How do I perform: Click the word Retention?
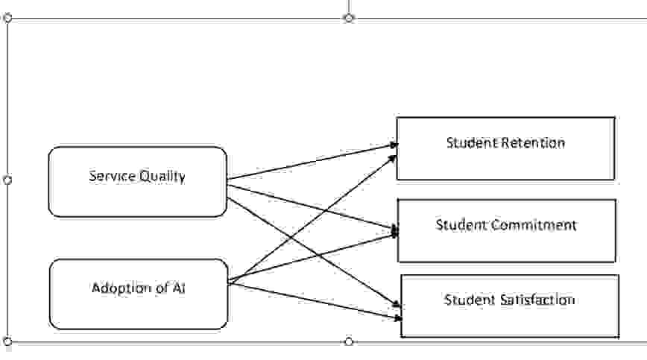coord(533,142)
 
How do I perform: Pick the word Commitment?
coord(535,224)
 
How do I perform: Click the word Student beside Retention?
coord(472,142)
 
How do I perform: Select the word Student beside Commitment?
coord(461,224)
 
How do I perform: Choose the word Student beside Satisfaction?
coord(470,300)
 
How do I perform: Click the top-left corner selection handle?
coord(8,18)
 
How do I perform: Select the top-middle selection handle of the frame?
coord(349,17)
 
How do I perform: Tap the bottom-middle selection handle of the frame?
coord(349,341)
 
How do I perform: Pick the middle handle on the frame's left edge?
coord(7,180)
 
